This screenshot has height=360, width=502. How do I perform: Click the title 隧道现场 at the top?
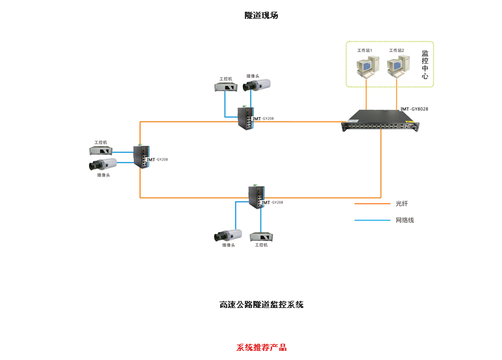pyautogui.click(x=261, y=15)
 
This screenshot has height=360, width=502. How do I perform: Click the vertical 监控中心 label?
pyautogui.click(x=425, y=64)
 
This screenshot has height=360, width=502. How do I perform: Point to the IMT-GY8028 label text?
pyautogui.click(x=414, y=109)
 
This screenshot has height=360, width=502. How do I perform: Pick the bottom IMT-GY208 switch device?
pyautogui.click(x=255, y=196)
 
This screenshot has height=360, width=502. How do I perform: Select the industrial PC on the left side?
pyautogui.click(x=101, y=150)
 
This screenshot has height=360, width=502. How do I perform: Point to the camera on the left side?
pyautogui.click(x=103, y=165)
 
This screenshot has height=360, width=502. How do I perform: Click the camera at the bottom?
pyautogui.click(x=228, y=235)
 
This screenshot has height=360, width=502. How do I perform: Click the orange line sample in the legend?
pyautogui.click(x=371, y=203)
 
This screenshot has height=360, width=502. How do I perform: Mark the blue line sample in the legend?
pyautogui.click(x=371, y=220)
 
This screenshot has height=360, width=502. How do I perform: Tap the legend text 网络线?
pyautogui.click(x=405, y=220)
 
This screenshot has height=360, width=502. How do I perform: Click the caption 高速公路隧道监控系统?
pyautogui.click(x=261, y=304)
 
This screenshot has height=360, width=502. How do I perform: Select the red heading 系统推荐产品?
pyautogui.click(x=261, y=348)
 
